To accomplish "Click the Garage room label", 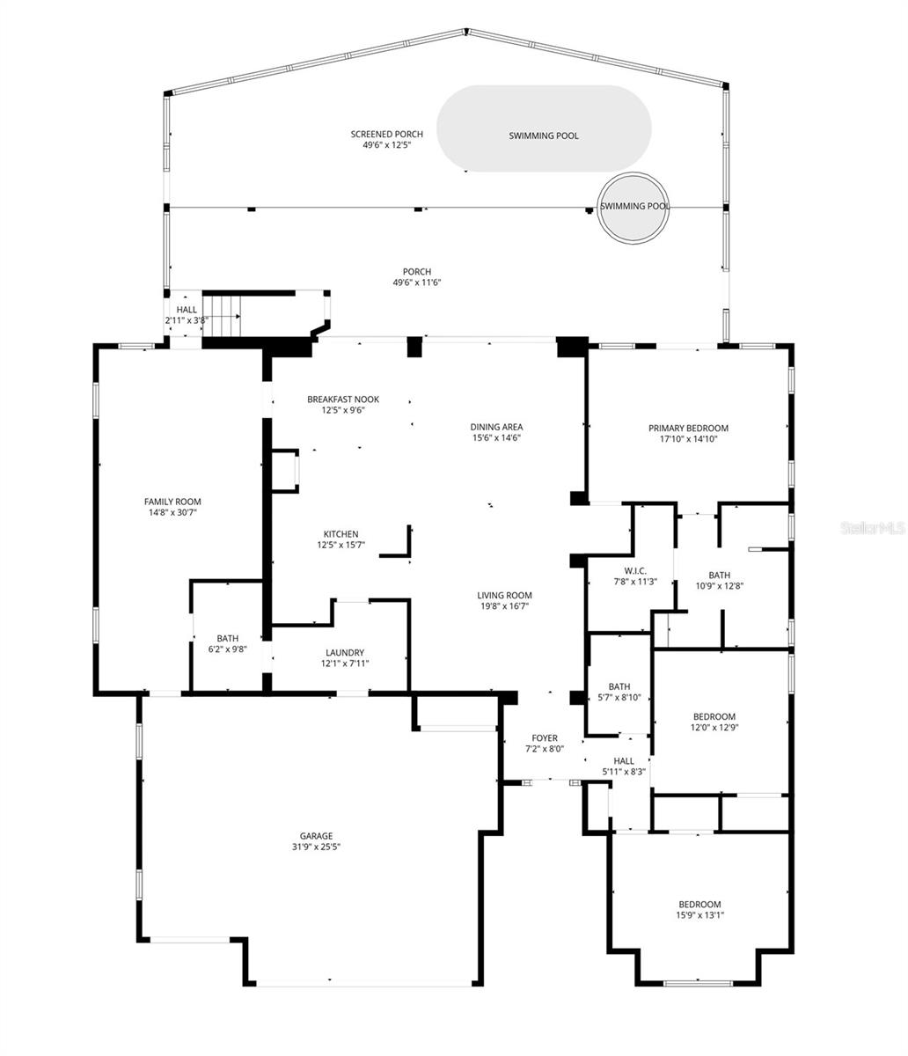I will [x=315, y=836].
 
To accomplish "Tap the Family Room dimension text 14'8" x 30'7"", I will [x=172, y=512].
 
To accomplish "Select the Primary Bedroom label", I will [x=688, y=429].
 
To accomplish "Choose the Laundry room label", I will [x=342, y=652].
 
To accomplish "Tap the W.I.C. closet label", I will [x=630, y=570].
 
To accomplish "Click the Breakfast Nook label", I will [x=342, y=399].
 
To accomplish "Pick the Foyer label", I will [x=545, y=737].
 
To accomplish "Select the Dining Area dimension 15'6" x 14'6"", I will [x=496, y=437].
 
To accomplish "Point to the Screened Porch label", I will [x=386, y=134].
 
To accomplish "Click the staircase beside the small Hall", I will [x=222, y=314].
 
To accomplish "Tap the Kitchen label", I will [x=340, y=534].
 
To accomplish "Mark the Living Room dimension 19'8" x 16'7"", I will [x=505, y=605].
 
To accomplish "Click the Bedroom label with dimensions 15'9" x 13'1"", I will [x=699, y=905].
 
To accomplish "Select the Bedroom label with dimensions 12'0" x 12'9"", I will [x=714, y=716].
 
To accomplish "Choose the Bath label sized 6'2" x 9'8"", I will [x=227, y=639].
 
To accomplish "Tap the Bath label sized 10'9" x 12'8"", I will [x=719, y=575].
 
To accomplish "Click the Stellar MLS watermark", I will [x=872, y=528].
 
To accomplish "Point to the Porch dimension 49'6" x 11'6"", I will [x=416, y=282].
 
